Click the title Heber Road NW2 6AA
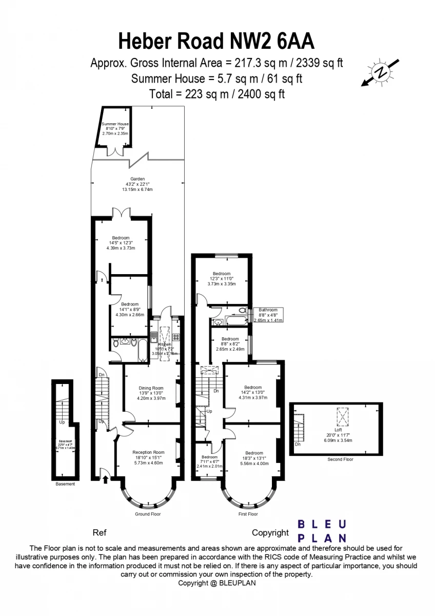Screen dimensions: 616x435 click(x=216, y=40)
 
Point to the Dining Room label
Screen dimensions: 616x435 click(x=151, y=393)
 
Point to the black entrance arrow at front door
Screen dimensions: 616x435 click(x=106, y=479)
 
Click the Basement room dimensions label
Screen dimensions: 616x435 click(x=65, y=445)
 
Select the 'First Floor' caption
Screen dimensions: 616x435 click(x=248, y=514)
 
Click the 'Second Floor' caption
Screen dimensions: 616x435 click(x=340, y=459)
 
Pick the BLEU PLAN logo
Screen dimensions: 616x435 click(x=322, y=531)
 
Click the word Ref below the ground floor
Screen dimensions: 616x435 click(x=99, y=533)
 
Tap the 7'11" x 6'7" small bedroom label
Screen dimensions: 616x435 click(x=209, y=461)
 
